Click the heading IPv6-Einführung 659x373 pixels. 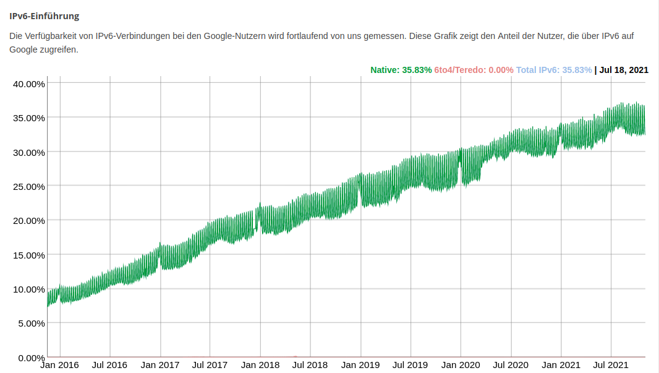44,16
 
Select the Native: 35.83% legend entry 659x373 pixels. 401,70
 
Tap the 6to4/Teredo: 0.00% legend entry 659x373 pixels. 474,70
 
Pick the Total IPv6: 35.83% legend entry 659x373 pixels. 553,70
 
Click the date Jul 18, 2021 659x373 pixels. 624,70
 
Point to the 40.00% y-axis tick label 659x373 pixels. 29,84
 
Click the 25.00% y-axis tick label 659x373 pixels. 29,186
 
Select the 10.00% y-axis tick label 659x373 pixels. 29,289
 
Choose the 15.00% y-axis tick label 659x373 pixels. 29,255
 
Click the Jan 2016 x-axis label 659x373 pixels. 59,365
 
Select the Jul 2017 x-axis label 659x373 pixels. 210,365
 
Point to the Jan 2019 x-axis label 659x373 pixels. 360,365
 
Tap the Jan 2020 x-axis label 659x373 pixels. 461,365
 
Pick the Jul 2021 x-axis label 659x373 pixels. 611,365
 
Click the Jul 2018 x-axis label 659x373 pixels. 310,365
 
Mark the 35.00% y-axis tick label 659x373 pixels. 29,118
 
